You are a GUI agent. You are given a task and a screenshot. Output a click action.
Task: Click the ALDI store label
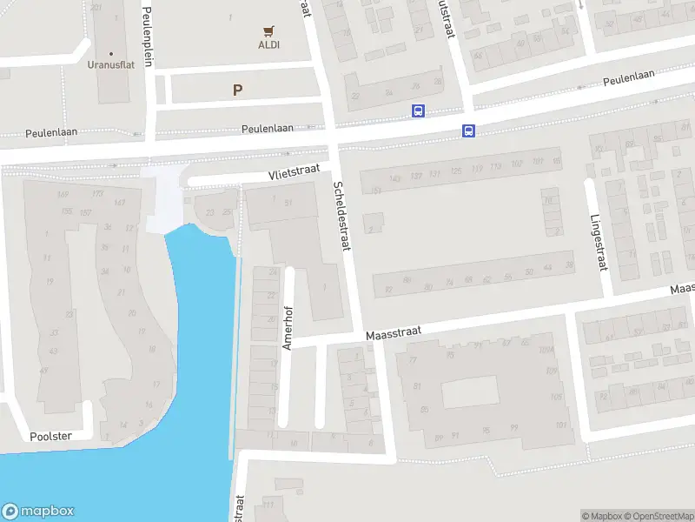(x=268, y=44)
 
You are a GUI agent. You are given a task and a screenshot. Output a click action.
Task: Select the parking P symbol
(x=237, y=90)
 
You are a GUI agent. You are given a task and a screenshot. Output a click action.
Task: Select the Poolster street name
(x=49, y=435)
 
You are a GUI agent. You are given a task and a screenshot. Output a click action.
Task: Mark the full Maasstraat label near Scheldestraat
(x=393, y=332)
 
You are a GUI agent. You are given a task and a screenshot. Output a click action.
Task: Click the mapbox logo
(x=38, y=512)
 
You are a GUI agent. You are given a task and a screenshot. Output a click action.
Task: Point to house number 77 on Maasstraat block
(x=413, y=359)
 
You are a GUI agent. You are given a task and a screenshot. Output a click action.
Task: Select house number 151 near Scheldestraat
(x=375, y=190)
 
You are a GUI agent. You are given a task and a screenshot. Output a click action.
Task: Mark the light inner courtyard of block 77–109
(x=472, y=392)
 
